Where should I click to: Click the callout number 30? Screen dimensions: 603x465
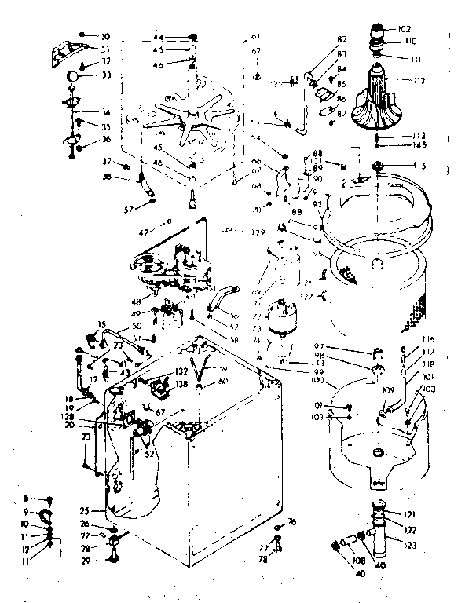(106, 36)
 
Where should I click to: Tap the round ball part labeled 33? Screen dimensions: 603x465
(71, 76)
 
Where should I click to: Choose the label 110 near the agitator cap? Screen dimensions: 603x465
(410, 41)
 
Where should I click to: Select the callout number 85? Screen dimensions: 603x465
(342, 82)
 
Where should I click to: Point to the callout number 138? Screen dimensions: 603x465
(180, 385)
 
